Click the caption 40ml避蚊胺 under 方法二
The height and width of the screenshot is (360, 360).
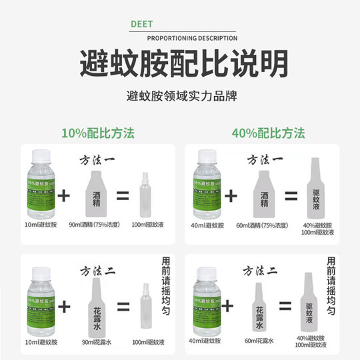tap(206, 342)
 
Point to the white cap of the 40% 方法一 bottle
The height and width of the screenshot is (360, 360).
tap(204, 155)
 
